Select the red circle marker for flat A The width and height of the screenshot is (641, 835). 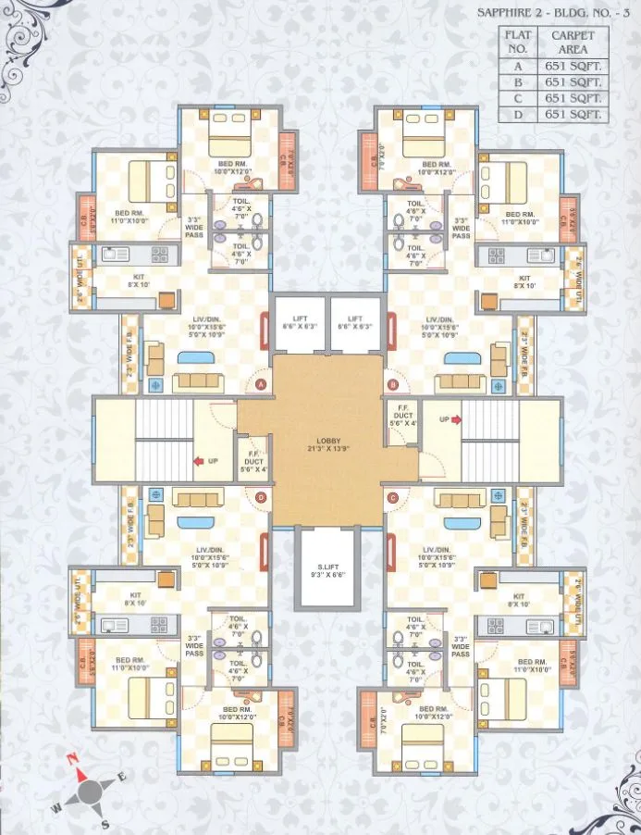[262, 384]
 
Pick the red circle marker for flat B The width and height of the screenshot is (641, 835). [392, 383]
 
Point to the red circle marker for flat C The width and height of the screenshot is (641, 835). [393, 498]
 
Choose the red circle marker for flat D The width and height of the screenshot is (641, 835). [262, 498]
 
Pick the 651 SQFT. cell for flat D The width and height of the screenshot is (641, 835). [573, 114]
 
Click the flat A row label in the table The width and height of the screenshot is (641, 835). [518, 66]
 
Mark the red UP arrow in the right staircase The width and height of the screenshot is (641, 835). [456, 418]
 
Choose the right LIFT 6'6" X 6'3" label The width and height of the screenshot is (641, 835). [357, 321]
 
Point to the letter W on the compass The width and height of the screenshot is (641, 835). [55, 808]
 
